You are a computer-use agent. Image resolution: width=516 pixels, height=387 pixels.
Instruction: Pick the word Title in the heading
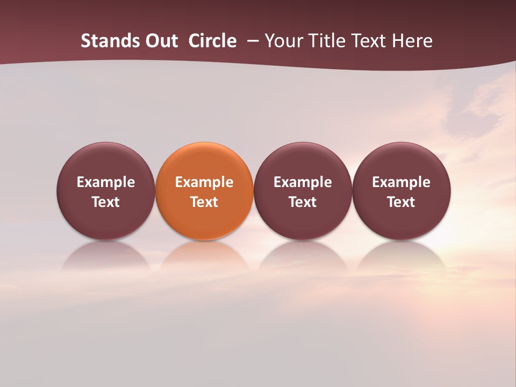tap(328, 41)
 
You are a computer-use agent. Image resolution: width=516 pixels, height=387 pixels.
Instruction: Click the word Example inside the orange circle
tap(204, 182)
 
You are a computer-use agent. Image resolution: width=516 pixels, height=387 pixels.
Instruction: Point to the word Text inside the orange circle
tap(204, 202)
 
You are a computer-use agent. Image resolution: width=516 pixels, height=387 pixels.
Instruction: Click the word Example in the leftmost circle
tap(106, 182)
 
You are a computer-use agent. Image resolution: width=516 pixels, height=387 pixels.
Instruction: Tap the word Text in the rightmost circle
tap(401, 202)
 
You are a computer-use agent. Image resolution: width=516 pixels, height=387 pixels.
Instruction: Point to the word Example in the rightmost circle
tap(401, 182)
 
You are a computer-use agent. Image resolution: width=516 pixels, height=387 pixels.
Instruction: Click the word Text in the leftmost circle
tap(106, 202)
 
